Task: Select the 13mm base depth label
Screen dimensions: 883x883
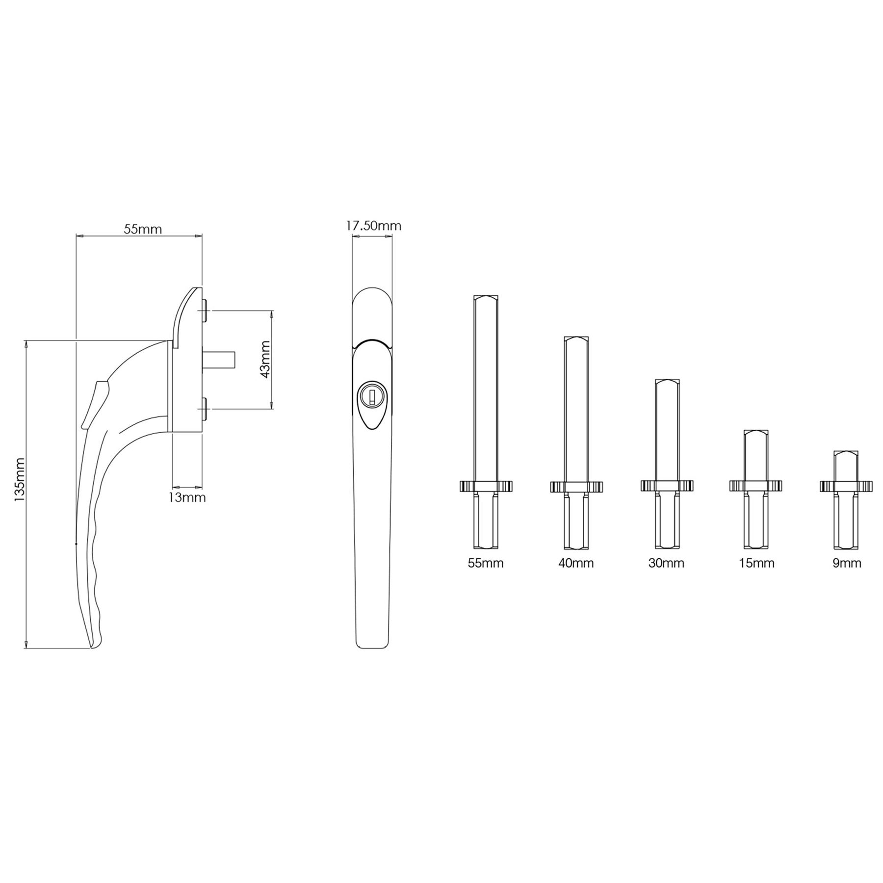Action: (x=187, y=497)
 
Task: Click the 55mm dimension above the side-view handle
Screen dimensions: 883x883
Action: (x=143, y=229)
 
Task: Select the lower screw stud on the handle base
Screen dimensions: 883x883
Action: (x=205, y=408)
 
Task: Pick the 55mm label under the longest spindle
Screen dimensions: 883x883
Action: (x=486, y=563)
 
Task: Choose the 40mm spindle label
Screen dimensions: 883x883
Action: (x=576, y=563)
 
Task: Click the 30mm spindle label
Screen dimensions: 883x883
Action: (x=666, y=563)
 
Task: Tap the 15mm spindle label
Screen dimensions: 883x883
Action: (x=756, y=563)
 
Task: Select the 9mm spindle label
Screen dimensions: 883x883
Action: (x=847, y=563)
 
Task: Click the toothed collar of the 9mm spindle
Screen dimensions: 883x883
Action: (x=847, y=486)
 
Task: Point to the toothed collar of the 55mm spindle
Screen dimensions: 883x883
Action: (x=486, y=486)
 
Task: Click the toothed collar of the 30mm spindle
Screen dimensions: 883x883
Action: (x=667, y=486)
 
